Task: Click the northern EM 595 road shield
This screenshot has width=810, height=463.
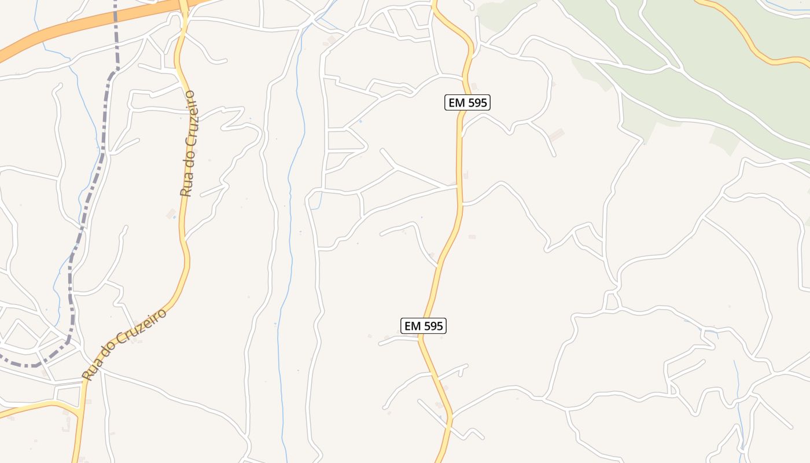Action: (467, 103)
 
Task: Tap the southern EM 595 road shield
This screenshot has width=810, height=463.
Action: (424, 326)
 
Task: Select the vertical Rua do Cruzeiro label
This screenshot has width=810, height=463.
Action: (189, 144)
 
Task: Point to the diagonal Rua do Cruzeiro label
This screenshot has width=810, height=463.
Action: (124, 344)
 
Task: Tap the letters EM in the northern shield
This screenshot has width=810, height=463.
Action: (456, 103)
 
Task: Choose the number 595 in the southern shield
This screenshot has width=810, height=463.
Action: (432, 326)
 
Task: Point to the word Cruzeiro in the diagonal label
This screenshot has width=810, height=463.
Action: (142, 329)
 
